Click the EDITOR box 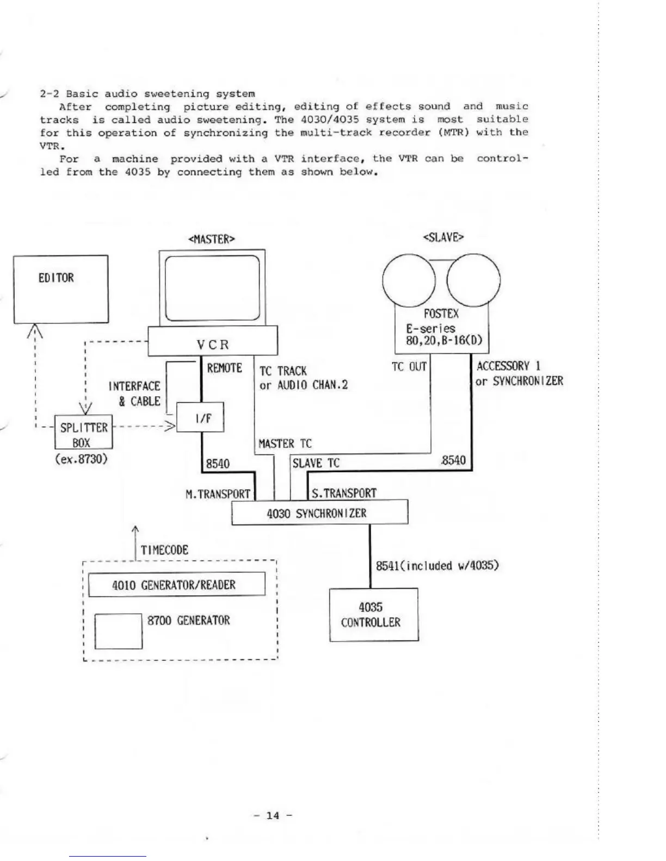[x=60, y=289]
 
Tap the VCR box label [x=213, y=345]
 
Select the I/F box [x=200, y=417]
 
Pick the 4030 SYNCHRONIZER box [x=319, y=513]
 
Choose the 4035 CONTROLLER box [x=373, y=615]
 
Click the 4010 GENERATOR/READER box [x=176, y=585]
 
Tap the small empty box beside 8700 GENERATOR [x=119, y=631]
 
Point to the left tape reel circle [x=409, y=282]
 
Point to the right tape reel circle [x=473, y=282]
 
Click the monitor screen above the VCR [x=212, y=288]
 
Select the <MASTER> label [x=212, y=239]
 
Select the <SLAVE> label [x=443, y=237]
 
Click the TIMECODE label [x=164, y=550]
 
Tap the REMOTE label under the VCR [x=224, y=368]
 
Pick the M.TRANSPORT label [x=218, y=494]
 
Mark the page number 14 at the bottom [x=273, y=815]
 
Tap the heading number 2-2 [x=50, y=93]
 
